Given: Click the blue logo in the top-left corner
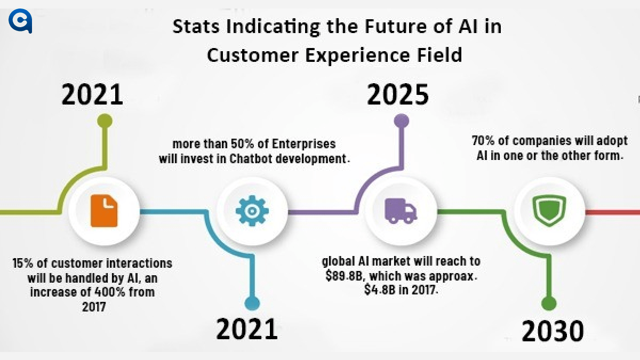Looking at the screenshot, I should (x=21, y=22).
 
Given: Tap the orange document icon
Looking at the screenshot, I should (x=104, y=211).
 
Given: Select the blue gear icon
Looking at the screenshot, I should (x=252, y=211).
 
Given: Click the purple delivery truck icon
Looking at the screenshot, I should (x=401, y=211).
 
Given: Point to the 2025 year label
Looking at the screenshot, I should (x=398, y=95).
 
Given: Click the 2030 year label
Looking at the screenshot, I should (x=553, y=331).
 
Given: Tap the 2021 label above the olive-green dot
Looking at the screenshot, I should (x=92, y=95).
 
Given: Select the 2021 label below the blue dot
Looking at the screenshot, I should (x=247, y=329).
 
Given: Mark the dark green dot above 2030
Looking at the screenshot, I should (x=548, y=303).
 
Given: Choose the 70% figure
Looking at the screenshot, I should (x=483, y=142).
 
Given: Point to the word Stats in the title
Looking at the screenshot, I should (x=195, y=27).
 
